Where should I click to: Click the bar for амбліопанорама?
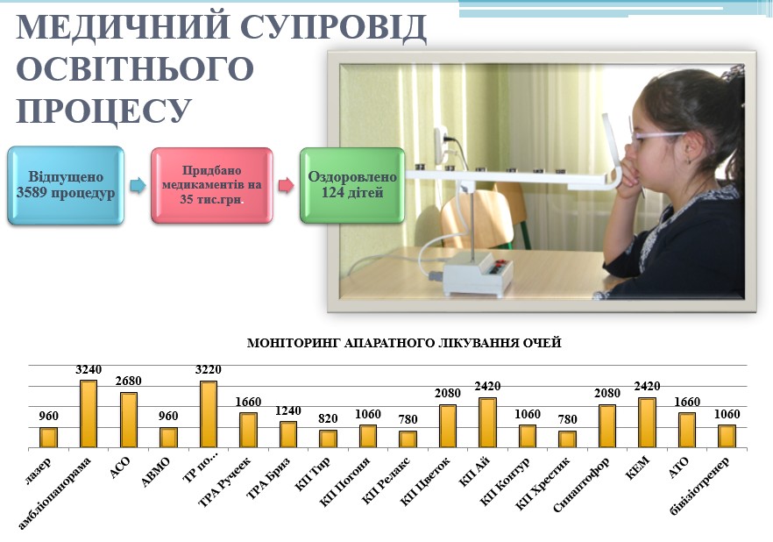89,414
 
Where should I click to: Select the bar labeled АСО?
129,420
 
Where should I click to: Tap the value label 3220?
208,369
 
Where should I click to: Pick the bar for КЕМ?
647,423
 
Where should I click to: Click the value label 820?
328,418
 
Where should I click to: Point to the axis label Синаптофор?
582,484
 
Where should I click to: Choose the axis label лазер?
38,470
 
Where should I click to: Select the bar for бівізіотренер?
727,437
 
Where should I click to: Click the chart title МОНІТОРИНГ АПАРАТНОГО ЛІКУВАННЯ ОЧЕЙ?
404,343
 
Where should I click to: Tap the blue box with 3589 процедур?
66,185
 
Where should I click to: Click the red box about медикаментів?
211,185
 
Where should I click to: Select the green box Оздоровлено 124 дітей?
352,185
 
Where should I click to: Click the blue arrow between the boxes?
138,185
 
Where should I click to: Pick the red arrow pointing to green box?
287,185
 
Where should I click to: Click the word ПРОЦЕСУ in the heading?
104,111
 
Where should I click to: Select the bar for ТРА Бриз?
287,434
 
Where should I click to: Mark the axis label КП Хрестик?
543,483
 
